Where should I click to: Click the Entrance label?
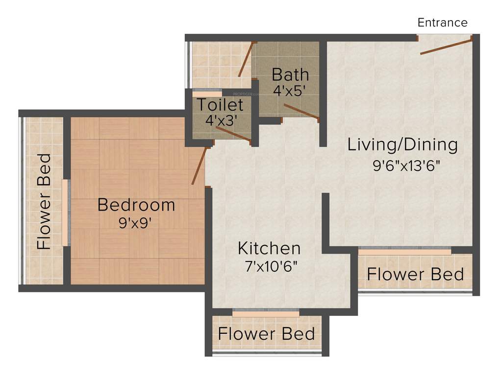click(x=442, y=23)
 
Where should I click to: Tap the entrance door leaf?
click(x=446, y=47)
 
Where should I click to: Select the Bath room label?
click(x=290, y=75)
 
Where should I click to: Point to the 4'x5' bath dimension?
click(x=290, y=91)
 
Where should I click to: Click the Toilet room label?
click(x=220, y=105)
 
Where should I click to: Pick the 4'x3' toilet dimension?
click(x=220, y=120)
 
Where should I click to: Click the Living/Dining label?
click(x=402, y=145)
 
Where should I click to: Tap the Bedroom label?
click(x=136, y=205)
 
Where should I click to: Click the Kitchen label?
click(x=269, y=248)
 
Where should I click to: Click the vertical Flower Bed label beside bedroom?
click(x=44, y=202)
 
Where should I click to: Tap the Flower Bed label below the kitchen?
click(x=266, y=334)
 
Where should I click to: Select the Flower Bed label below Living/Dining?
click(x=415, y=274)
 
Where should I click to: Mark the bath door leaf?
click(x=301, y=111)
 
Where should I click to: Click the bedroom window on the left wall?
click(x=65, y=212)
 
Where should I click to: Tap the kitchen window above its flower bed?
click(x=266, y=311)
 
